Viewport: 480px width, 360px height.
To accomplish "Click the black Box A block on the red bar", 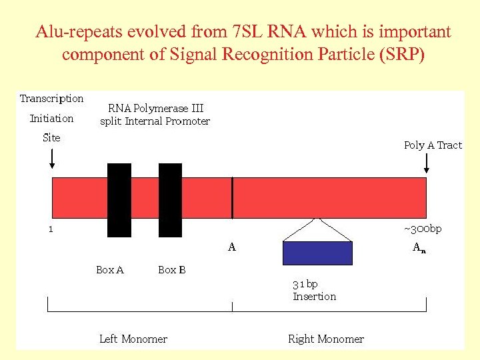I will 119,200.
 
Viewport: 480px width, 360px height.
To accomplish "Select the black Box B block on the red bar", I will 171,200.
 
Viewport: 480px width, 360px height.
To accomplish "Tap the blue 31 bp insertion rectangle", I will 318,253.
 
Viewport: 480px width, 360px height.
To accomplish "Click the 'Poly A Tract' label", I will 433,145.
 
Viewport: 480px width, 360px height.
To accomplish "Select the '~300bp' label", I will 423,229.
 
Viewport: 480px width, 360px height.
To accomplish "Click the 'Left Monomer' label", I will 133,339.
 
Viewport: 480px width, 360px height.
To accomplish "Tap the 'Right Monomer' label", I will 326,339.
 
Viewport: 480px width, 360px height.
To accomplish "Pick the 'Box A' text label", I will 110,270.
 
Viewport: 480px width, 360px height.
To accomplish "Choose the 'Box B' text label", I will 172,270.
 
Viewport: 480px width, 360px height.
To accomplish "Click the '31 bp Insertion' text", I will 314,290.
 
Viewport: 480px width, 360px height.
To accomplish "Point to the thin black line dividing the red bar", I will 232,198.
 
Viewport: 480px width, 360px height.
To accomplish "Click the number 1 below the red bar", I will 50,229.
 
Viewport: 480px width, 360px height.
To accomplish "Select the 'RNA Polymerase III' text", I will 155,108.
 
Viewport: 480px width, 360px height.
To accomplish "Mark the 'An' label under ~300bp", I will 419,247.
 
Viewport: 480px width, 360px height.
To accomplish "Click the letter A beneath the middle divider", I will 232,247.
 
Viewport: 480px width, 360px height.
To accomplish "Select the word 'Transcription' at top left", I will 52,99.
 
